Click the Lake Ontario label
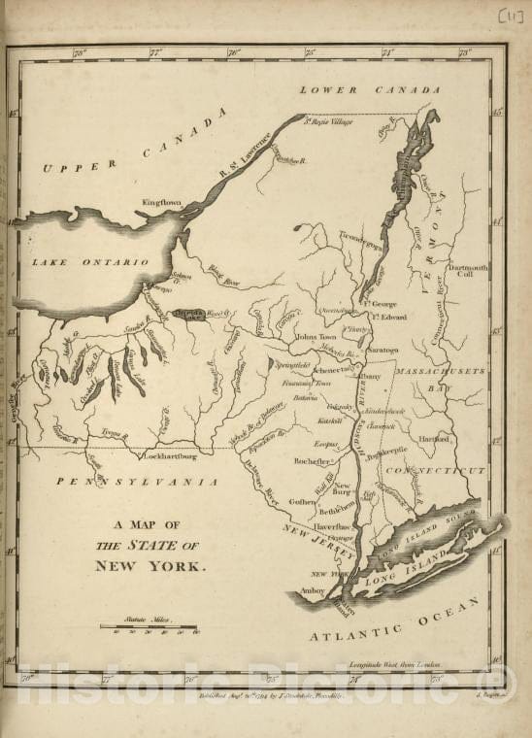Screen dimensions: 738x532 coord(90,262)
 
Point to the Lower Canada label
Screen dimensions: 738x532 coord(369,90)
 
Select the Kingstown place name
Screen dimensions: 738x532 coord(162,203)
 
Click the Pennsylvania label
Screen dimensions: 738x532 coord(136,481)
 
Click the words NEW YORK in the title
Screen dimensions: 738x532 coord(150,565)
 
